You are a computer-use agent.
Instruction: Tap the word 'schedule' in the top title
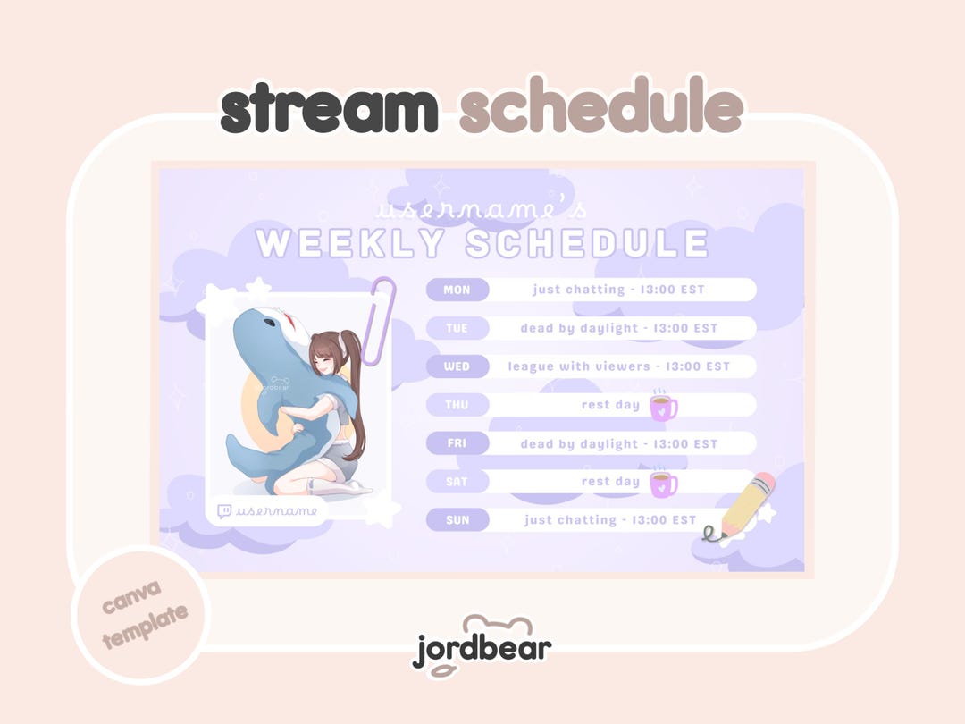601,105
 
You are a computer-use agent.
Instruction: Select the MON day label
457,290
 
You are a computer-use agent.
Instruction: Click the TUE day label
457,328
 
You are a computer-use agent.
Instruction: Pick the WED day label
457,366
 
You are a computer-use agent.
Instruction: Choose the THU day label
457,405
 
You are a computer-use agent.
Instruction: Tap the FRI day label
457,443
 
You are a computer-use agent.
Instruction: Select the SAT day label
457,482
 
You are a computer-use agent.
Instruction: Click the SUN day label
457,519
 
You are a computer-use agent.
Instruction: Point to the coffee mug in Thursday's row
663,407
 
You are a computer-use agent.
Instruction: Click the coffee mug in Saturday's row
663,483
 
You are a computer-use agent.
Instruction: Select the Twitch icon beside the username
224,511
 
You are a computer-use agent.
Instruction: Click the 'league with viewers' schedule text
578,366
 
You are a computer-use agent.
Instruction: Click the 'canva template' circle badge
141,615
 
